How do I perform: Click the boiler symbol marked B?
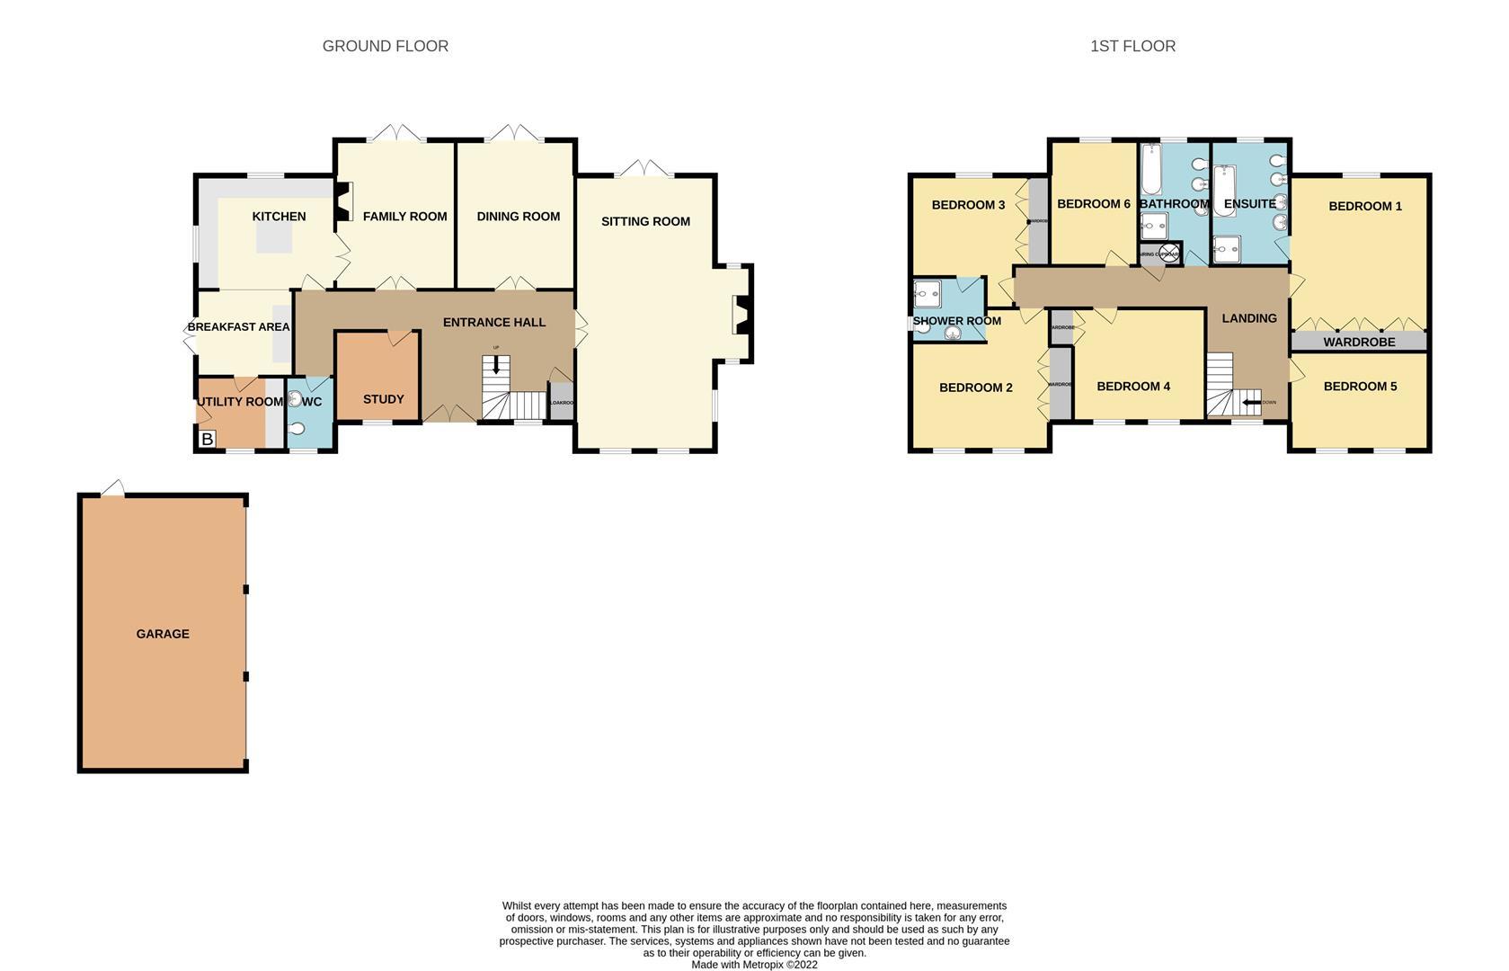pyautogui.click(x=207, y=439)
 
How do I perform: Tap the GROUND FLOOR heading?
pyautogui.click(x=385, y=46)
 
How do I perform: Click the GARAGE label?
pyautogui.click(x=163, y=634)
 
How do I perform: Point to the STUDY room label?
pyautogui.click(x=383, y=399)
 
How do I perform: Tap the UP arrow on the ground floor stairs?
pyautogui.click(x=495, y=364)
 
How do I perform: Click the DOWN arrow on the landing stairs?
pyautogui.click(x=1252, y=402)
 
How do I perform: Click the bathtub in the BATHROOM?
pyautogui.click(x=1151, y=171)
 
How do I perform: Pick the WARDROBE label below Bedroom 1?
pyautogui.click(x=1359, y=343)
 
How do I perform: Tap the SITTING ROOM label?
pyautogui.click(x=645, y=221)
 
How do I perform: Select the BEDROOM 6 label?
pyautogui.click(x=1093, y=204)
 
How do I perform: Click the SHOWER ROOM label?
pyautogui.click(x=956, y=321)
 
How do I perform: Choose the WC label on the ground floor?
pyautogui.click(x=311, y=402)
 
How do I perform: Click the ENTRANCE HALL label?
pyautogui.click(x=493, y=323)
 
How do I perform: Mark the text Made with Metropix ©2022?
pyautogui.click(x=754, y=965)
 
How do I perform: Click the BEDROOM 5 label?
pyautogui.click(x=1359, y=387)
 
